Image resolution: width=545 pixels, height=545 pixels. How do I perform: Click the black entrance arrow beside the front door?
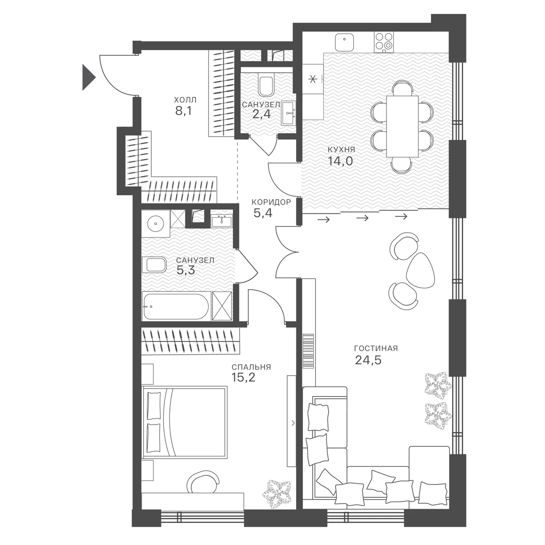click(88, 77)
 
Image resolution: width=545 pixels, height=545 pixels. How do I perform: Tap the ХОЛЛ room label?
click(185, 100)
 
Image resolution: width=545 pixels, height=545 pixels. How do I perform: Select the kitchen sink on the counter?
click(344, 42)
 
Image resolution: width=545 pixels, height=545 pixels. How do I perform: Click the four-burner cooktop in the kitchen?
click(384, 42)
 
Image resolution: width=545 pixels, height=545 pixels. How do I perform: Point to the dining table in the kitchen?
click(402, 126)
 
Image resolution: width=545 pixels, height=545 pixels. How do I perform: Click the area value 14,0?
click(340, 161)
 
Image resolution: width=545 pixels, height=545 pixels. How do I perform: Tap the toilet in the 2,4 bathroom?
click(266, 86)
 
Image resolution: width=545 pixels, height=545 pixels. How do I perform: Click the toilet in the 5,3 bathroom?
click(154, 265)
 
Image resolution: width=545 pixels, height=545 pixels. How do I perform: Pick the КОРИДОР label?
click(271, 202)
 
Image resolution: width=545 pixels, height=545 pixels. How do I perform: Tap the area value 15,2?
click(243, 377)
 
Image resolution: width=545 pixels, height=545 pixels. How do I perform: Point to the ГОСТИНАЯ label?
click(376, 348)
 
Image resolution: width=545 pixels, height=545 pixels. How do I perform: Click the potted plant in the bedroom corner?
click(276, 497)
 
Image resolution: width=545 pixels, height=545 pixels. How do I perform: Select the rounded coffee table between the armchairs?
click(420, 270)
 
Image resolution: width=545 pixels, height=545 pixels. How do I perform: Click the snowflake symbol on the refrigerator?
click(312, 79)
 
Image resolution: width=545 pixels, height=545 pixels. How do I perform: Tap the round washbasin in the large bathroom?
click(156, 223)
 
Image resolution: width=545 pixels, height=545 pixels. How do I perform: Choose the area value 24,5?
click(368, 360)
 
